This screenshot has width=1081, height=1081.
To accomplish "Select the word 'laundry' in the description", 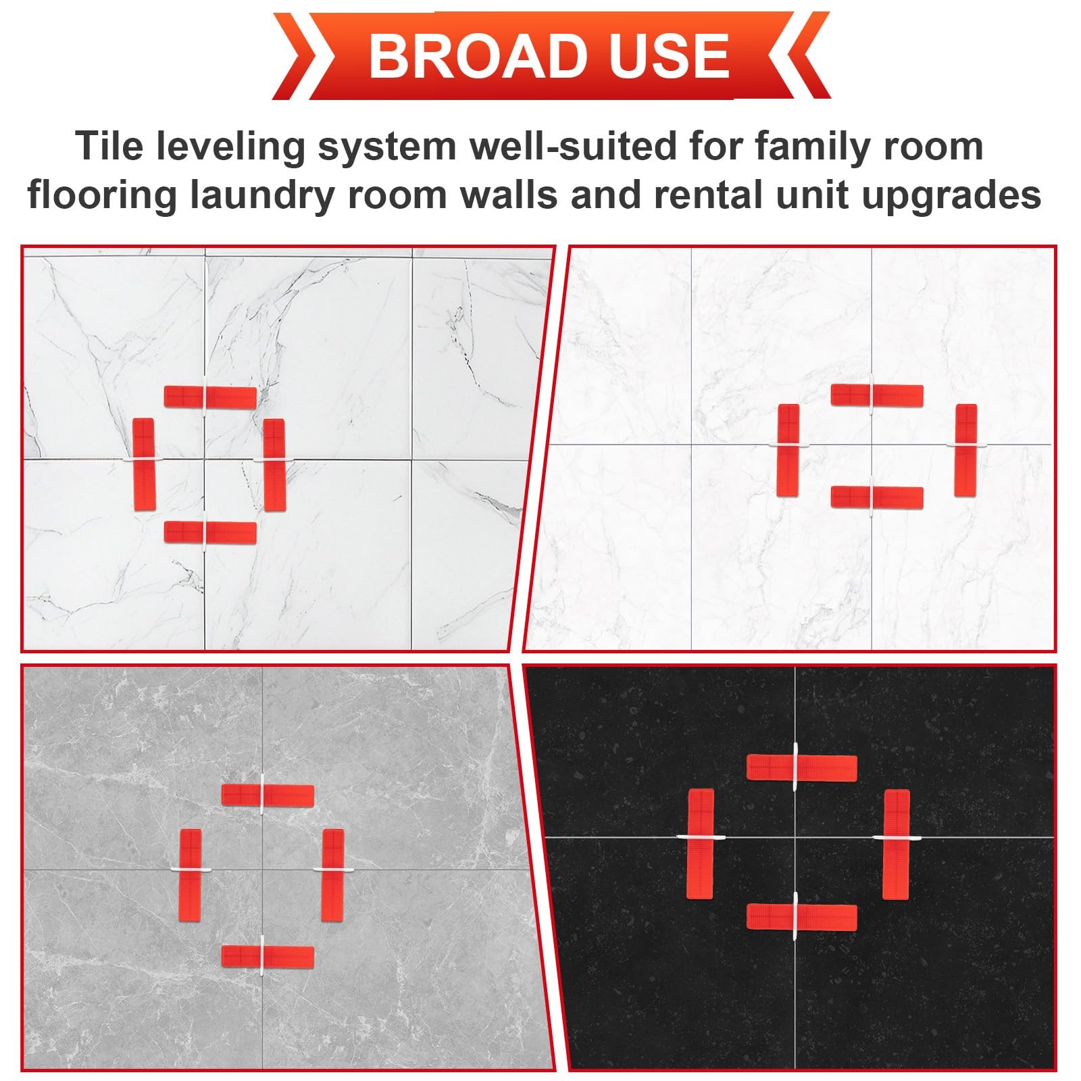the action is [x=261, y=196].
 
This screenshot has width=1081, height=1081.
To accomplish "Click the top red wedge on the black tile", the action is [x=802, y=767].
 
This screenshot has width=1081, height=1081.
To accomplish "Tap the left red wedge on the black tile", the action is [x=701, y=844].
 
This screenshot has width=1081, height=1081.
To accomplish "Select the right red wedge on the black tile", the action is [x=896, y=844].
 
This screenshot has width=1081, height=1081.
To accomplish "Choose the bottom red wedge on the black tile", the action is [x=802, y=917].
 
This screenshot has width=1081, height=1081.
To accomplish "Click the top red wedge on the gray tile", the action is [x=268, y=795].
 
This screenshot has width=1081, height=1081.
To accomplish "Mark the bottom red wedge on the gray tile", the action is [x=268, y=957].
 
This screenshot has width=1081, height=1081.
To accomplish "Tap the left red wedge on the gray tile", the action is [x=191, y=875].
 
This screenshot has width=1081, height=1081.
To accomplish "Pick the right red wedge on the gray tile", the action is [x=332, y=875].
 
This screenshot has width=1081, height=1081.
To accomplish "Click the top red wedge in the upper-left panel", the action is [x=211, y=397].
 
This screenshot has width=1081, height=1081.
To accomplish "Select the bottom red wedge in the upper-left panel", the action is [x=211, y=532].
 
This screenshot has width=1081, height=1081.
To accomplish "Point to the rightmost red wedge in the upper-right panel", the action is [x=966, y=450].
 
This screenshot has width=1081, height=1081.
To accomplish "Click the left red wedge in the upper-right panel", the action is [x=788, y=450].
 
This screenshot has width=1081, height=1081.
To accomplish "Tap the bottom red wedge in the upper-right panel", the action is [x=877, y=497].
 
